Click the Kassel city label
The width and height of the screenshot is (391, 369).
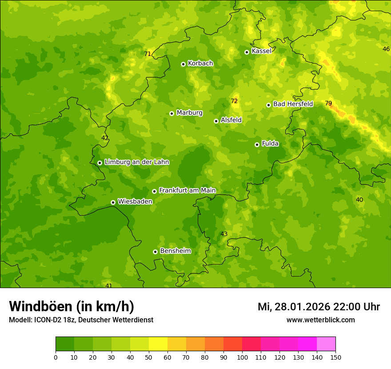pyautogui.click(x=261, y=51)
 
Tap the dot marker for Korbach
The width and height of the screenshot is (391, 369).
pyautogui.click(x=183, y=64)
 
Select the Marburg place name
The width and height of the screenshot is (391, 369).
pyautogui.click(x=189, y=113)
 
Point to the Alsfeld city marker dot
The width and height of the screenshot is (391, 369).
pyautogui.click(x=216, y=121)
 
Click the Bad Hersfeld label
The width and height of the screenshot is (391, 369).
pyautogui.click(x=293, y=104)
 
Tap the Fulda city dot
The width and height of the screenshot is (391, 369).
pyautogui.click(x=257, y=144)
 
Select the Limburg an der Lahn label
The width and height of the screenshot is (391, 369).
pyautogui.click(x=136, y=162)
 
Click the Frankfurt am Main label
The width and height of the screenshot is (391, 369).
pyautogui.click(x=187, y=190)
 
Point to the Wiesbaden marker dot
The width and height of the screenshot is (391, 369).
pyautogui.click(x=113, y=202)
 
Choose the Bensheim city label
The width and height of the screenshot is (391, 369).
pyautogui.click(x=175, y=251)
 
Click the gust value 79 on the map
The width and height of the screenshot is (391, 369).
pyautogui.click(x=328, y=103)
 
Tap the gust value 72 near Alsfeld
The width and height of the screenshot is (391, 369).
pyautogui.click(x=234, y=101)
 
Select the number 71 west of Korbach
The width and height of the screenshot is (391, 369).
pyautogui.click(x=148, y=54)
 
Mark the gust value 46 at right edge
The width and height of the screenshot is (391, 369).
pyautogui.click(x=386, y=49)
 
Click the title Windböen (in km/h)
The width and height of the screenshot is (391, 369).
pyautogui.click(x=72, y=306)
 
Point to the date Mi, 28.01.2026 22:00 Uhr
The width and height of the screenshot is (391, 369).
pyautogui.click(x=319, y=307)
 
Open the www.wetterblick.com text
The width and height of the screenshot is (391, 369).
pyautogui.click(x=320, y=320)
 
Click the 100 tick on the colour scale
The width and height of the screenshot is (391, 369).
pyautogui.click(x=242, y=357)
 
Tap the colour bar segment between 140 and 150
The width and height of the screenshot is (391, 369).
pyautogui.click(x=326, y=344)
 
